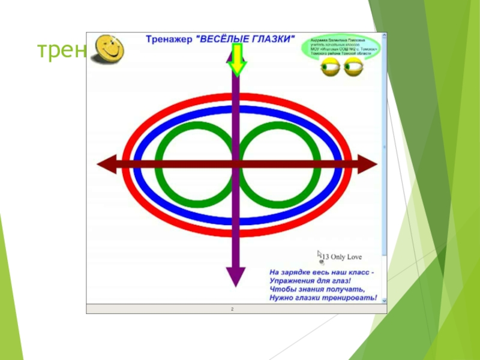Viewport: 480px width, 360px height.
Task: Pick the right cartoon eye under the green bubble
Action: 353,67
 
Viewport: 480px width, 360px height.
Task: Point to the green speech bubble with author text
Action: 340,47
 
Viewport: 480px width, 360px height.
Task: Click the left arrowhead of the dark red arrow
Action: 107,164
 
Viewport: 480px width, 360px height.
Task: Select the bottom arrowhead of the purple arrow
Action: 235,277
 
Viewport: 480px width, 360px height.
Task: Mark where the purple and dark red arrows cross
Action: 235,164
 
